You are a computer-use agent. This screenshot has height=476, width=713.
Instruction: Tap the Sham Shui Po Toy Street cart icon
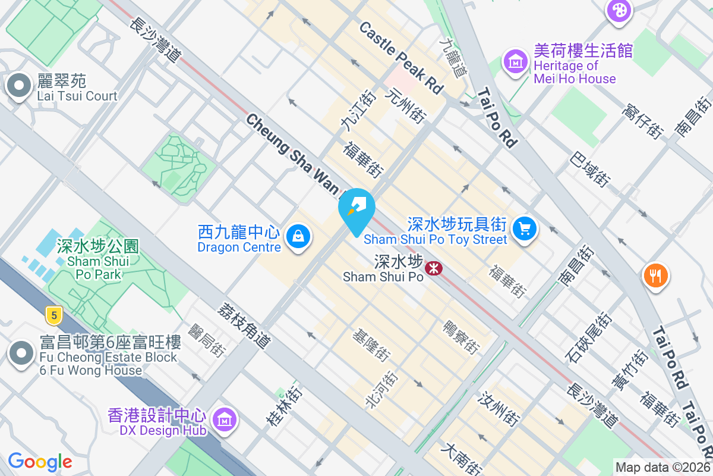coord(524,228)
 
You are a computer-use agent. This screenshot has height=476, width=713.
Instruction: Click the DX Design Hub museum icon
coord(225,420)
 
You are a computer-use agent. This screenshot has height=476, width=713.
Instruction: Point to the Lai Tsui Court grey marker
coord(19,86)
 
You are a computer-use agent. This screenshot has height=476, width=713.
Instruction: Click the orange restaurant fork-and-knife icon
coord(656,275)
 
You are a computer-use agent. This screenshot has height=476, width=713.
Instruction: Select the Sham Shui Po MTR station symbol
coord(433,268)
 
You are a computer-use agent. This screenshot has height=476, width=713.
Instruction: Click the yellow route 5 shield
coord(53,315)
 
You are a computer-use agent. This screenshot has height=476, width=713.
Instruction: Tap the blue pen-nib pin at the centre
coord(356,209)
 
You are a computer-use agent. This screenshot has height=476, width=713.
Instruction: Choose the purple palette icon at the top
coord(619,10)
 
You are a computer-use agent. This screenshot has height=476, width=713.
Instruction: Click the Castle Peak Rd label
coord(402,57)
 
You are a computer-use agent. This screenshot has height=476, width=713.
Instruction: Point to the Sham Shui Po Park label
coord(98,259)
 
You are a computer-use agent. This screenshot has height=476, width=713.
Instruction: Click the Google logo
coord(40,462)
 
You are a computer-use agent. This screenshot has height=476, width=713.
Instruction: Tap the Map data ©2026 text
coord(662,468)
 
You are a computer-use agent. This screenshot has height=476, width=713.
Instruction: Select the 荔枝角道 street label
coord(244,325)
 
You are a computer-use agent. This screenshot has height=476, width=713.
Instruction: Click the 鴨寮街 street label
coord(461,337)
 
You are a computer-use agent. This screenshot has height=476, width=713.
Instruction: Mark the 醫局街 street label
coord(207,340)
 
